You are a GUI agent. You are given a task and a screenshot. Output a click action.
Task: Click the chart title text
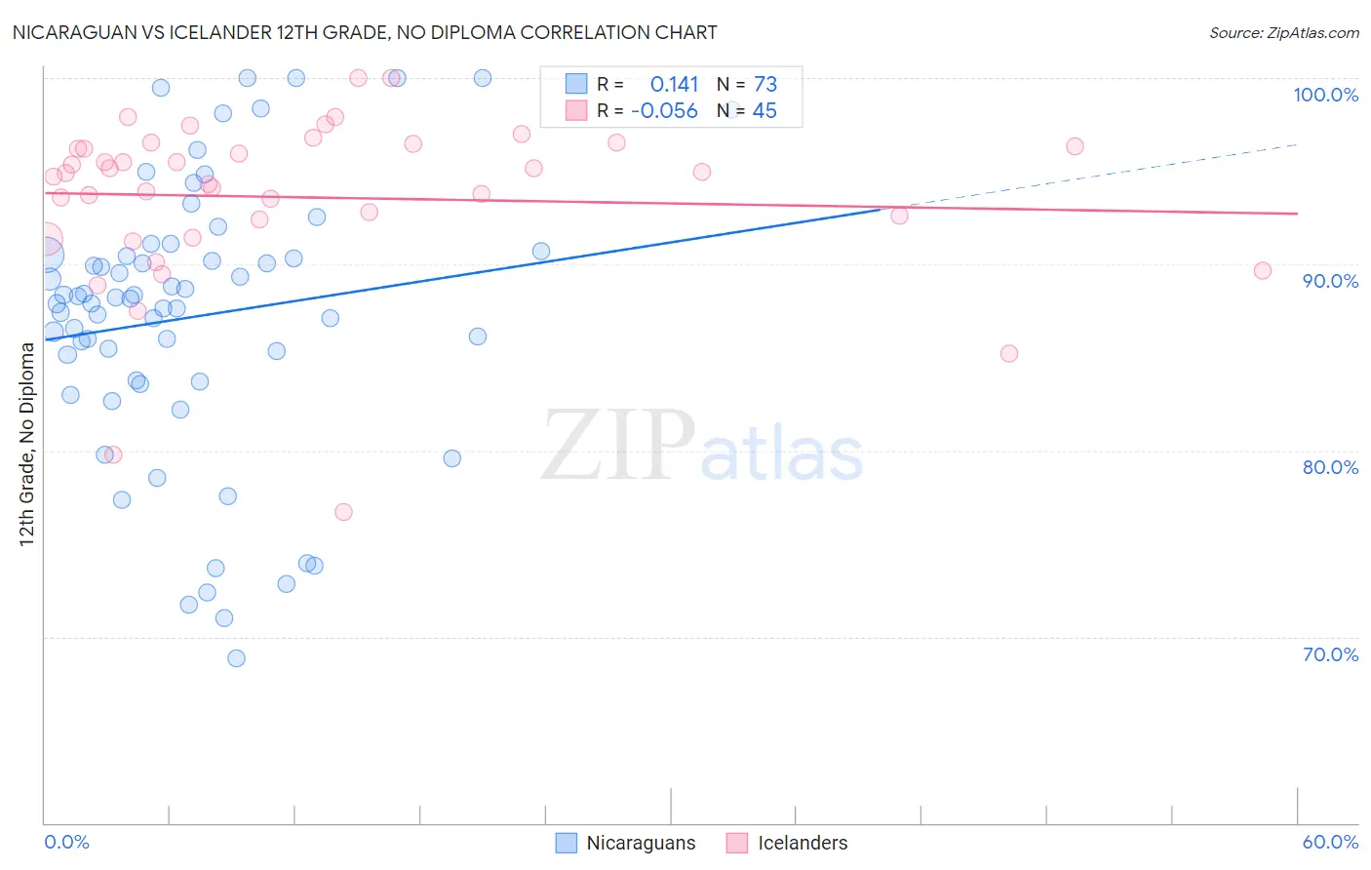(x=364, y=32)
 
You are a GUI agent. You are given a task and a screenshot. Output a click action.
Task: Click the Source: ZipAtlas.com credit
(x=1283, y=32)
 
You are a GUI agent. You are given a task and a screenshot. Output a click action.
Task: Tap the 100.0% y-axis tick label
(x=1325, y=95)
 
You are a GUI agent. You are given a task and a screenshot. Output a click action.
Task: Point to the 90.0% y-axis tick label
(x=1330, y=281)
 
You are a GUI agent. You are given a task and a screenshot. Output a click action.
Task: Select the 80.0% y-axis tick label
(x=1330, y=467)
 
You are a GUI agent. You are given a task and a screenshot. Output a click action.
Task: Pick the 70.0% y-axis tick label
(x=1330, y=654)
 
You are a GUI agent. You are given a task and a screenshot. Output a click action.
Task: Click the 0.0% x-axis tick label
(x=66, y=842)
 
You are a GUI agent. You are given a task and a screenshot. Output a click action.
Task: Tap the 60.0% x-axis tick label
(x=1330, y=842)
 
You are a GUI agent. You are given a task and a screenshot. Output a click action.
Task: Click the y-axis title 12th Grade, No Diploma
(x=26, y=444)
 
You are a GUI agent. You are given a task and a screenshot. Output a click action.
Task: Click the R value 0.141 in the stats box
(x=674, y=85)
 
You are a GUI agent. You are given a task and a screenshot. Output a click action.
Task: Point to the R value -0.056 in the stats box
(x=664, y=111)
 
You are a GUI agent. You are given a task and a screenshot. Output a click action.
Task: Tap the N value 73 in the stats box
(x=765, y=85)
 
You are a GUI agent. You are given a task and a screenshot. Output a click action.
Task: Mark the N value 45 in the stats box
(x=764, y=111)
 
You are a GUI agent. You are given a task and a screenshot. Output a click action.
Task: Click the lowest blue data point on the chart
(x=236, y=658)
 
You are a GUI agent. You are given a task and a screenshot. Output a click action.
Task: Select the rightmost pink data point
(x=1263, y=271)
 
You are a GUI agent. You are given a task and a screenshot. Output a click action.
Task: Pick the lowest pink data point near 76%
(x=343, y=512)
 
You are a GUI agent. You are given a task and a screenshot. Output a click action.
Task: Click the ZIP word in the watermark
(x=617, y=446)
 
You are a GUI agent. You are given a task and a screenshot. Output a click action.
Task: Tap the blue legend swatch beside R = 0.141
(x=576, y=84)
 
